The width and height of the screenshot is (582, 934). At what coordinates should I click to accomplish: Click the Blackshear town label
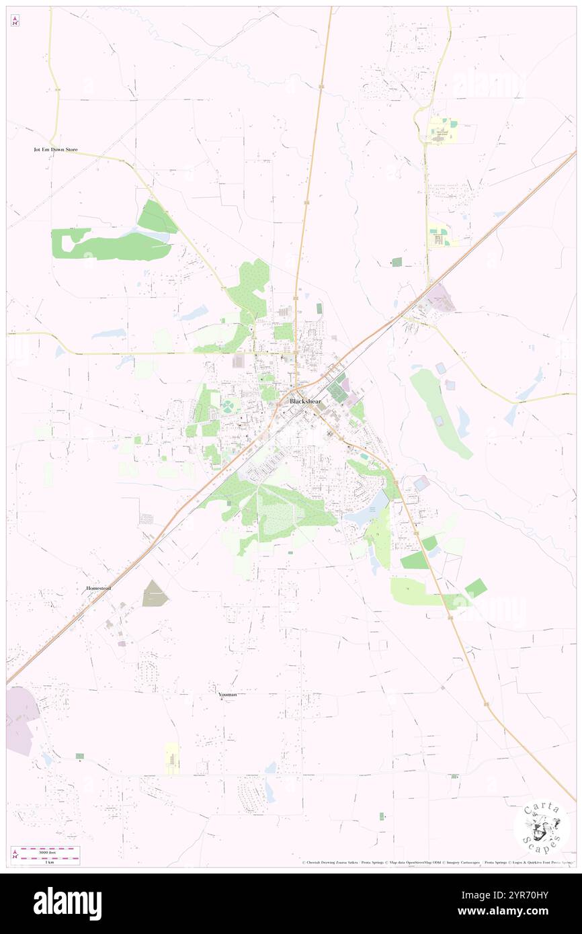[305, 401]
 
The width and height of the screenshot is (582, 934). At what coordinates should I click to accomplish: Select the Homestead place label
[98, 588]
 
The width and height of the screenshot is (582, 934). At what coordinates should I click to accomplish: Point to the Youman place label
[227, 694]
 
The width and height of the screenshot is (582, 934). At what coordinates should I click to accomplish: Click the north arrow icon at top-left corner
[15, 21]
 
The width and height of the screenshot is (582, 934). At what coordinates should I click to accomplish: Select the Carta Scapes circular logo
[541, 827]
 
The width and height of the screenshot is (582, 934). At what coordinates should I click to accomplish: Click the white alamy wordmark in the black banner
[67, 904]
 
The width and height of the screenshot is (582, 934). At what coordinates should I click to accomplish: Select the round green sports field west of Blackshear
[231, 407]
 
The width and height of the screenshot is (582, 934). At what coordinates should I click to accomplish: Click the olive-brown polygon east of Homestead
[154, 593]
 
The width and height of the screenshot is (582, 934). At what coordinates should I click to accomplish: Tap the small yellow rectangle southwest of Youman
[172, 759]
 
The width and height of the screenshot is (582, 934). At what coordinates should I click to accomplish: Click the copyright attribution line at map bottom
[437, 862]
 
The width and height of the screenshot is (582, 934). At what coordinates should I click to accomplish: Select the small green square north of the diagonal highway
[397, 261]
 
